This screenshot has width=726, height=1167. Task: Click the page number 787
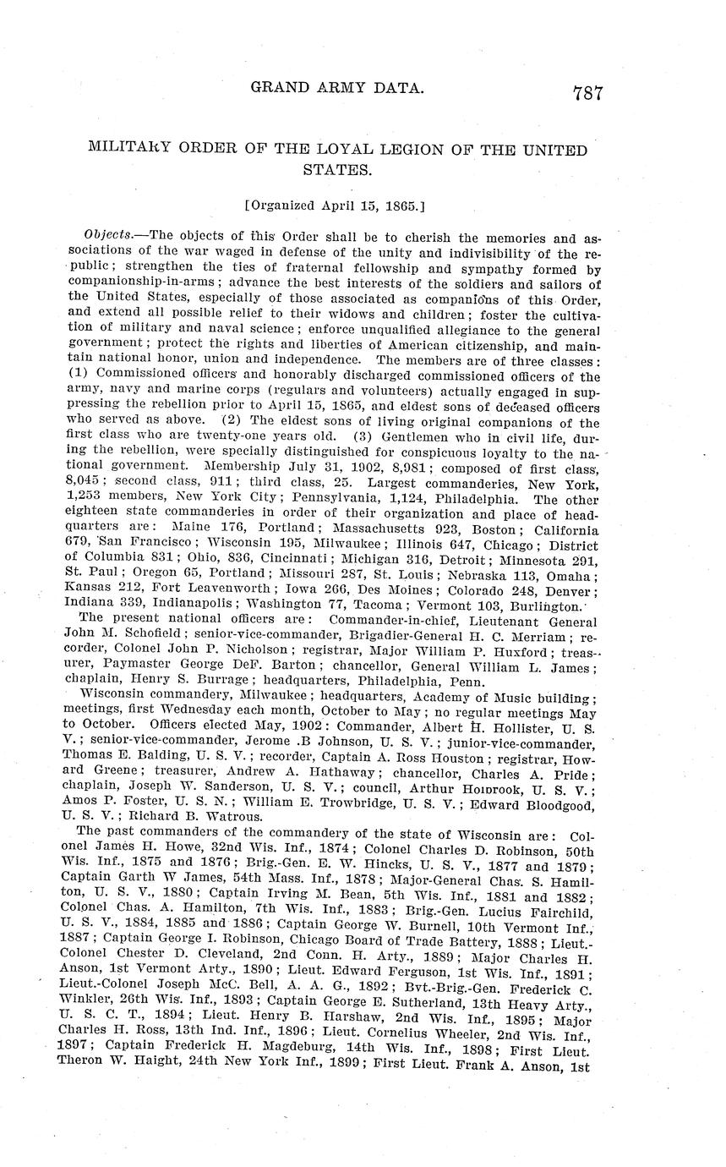(587, 93)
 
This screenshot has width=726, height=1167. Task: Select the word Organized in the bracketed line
(282, 205)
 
